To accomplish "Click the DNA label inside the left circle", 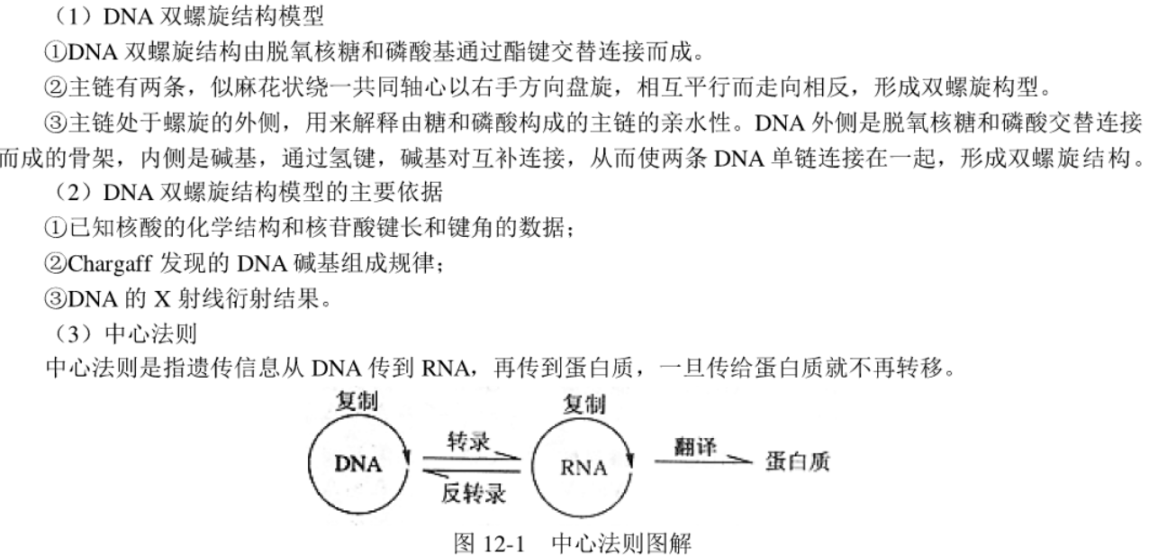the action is pos(358,464).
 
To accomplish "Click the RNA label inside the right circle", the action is pos(584,468).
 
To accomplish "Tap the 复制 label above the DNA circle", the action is pos(357,401).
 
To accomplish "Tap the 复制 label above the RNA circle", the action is pos(584,405).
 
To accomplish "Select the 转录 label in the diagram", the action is pos(468,442).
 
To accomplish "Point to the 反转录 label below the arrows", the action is pos(474,493).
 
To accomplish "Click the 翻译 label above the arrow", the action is pos(695,446).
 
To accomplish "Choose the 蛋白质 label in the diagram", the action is pos(797,461).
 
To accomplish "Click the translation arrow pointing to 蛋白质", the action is pos(703,461).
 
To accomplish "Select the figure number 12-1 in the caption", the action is pos(505,543).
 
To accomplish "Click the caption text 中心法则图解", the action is pos(621,543).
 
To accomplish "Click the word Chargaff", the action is pos(109,264).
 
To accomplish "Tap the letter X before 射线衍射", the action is pos(162,299).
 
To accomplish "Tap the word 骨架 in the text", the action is pos(93,158).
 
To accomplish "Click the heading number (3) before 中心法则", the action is pos(75,334).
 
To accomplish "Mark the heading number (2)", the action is pos(75,193).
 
